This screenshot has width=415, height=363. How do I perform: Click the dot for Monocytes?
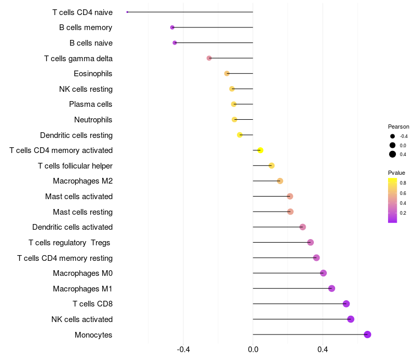coord(367,334)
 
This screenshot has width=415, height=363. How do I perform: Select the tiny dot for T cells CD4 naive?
coord(127,12)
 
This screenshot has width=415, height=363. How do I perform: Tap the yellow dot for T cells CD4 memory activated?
coord(260,150)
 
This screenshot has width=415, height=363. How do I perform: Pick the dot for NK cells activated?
coord(351,319)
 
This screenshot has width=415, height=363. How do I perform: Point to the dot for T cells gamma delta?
coord(209,58)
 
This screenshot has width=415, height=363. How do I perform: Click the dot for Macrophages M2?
coord(280,181)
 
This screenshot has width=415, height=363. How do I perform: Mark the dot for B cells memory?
coord(172,27)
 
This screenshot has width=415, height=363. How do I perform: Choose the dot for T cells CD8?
coord(346,304)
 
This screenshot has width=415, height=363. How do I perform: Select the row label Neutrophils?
coord(93,120)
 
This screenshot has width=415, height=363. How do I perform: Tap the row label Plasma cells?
coord(90,104)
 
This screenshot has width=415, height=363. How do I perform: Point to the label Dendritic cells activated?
coord(72,227)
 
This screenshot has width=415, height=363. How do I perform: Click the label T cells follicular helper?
coord(75,166)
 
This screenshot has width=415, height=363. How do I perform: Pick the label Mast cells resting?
coord(82,212)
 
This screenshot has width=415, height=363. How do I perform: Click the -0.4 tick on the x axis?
coord(183,350)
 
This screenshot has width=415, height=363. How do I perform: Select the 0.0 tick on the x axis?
coord(253,350)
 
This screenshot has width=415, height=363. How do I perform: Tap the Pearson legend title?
coord(398,127)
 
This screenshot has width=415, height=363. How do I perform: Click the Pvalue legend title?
coord(396,173)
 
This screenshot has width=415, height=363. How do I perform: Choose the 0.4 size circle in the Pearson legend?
coord(393,154)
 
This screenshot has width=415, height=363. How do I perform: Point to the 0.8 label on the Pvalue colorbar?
coord(403,183)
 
